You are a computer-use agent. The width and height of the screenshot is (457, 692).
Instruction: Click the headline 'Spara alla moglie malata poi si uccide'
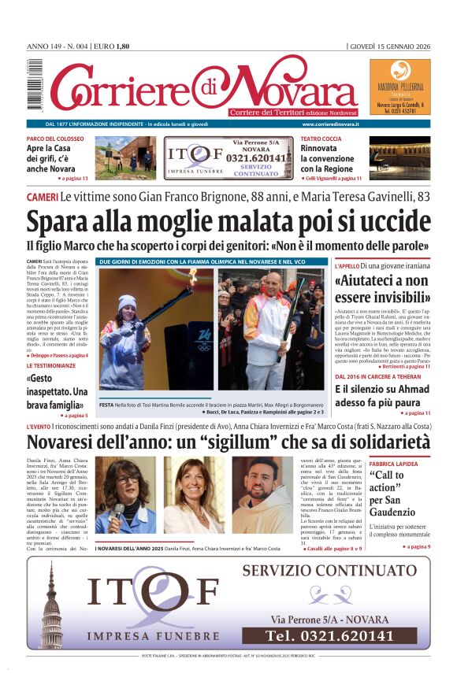227,221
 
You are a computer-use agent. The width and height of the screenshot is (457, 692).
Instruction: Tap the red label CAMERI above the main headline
41,196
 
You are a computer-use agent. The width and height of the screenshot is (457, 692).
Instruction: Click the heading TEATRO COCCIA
321,139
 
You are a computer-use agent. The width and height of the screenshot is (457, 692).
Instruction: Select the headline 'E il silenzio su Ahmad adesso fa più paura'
381,396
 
